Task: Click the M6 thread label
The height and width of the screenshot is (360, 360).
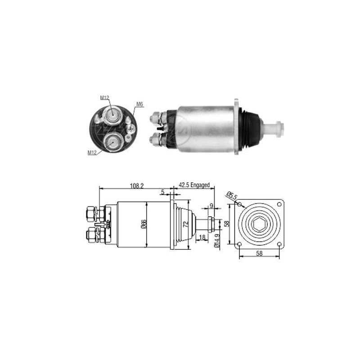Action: [139, 104]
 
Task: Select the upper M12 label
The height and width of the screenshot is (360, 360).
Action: [104, 98]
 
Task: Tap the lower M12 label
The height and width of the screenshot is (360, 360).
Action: [92, 153]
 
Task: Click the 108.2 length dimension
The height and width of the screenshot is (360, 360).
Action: [137, 186]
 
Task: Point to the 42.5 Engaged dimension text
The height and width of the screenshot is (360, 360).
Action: [194, 185]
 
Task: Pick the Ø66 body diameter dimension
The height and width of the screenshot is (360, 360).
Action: [144, 224]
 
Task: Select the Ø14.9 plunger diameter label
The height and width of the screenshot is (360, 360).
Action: [217, 240]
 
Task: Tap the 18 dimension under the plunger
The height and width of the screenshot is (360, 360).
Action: [202, 237]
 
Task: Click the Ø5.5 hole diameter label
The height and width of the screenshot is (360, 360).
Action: [231, 196]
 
